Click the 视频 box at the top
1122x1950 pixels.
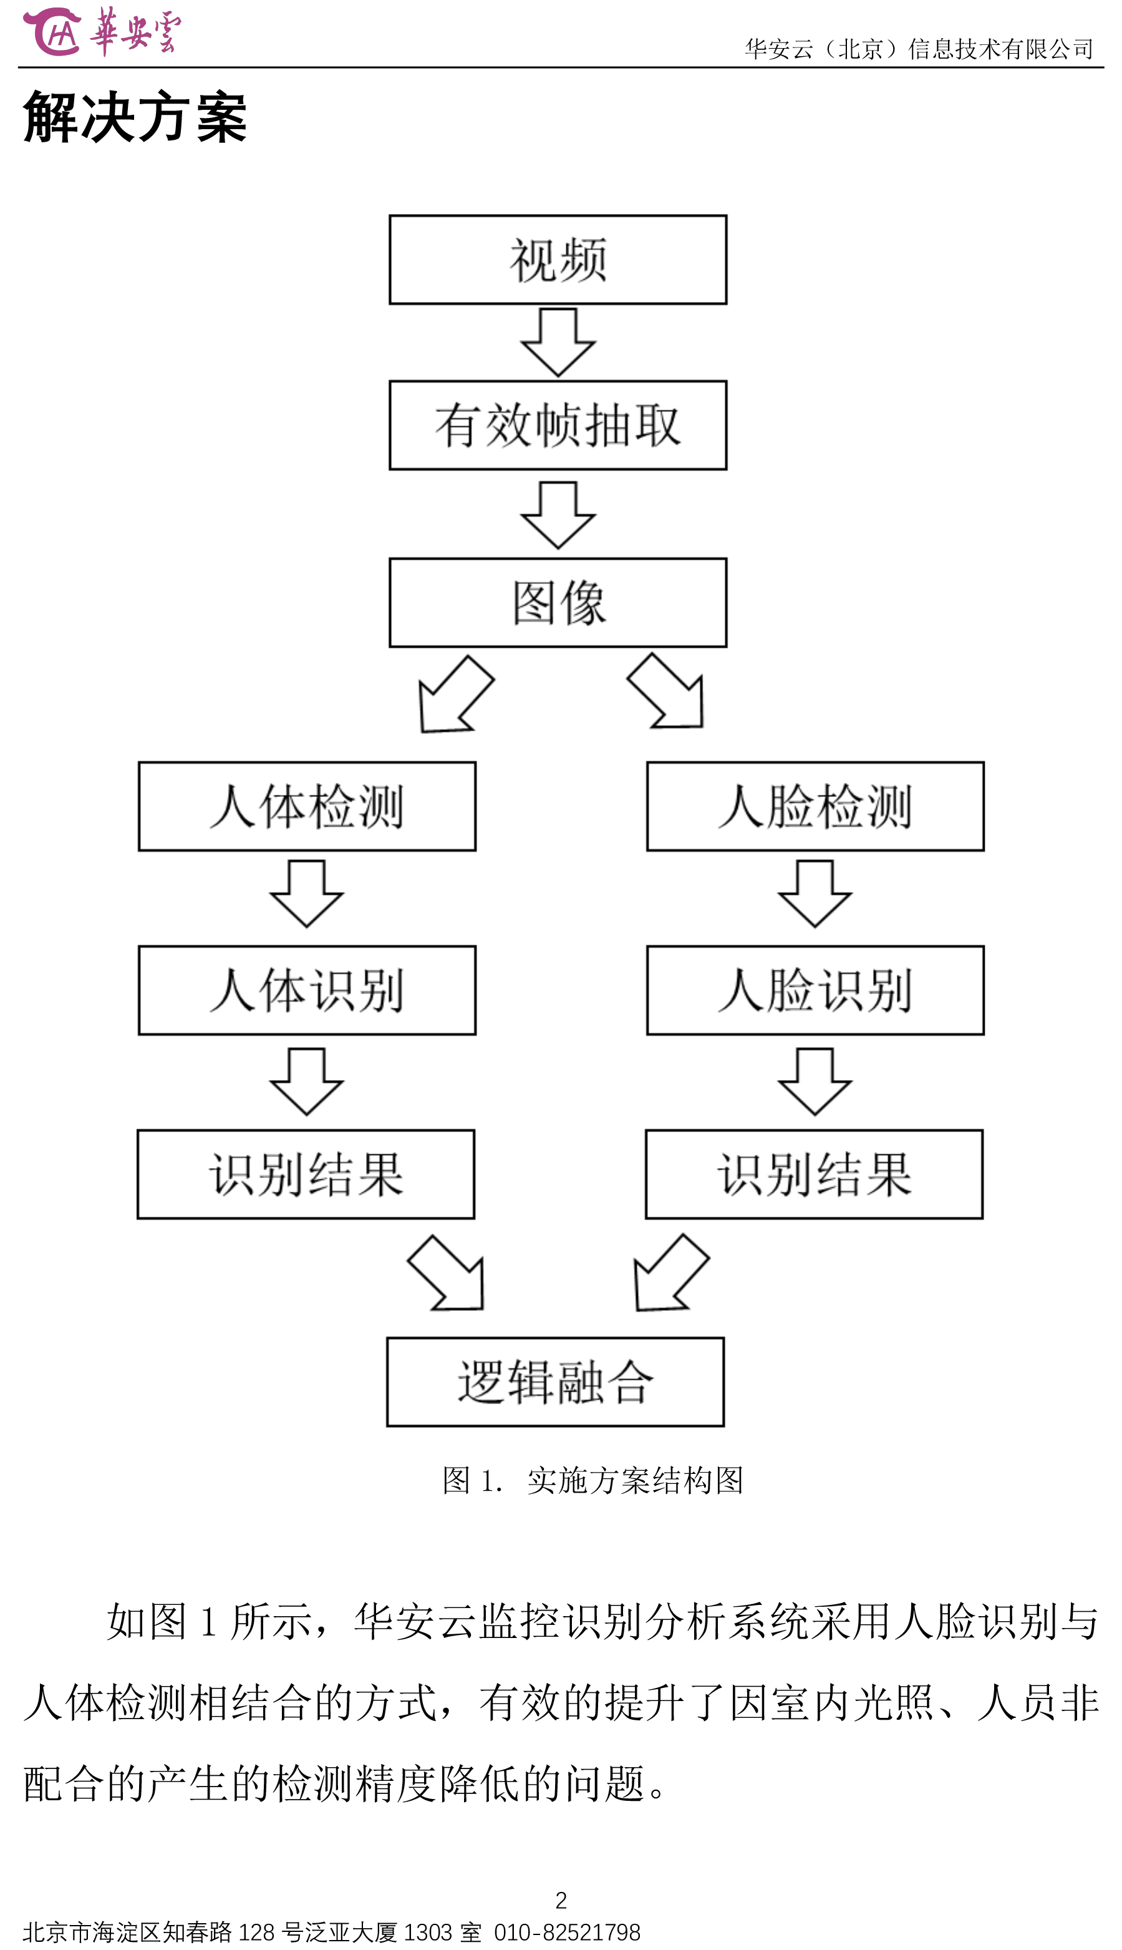click(558, 260)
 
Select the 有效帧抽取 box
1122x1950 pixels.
click(558, 426)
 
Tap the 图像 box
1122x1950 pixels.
click(558, 603)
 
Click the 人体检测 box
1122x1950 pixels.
click(307, 807)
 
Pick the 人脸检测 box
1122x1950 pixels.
click(815, 807)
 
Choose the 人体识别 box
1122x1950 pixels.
click(307, 990)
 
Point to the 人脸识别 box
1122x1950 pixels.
click(815, 990)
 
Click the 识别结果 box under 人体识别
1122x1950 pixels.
click(306, 1174)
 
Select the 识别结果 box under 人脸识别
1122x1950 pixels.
click(815, 1174)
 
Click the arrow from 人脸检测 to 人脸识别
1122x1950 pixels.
click(815, 894)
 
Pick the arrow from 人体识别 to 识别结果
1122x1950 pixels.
click(307, 1081)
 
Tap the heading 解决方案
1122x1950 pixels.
click(135, 117)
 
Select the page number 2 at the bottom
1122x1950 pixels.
click(561, 1901)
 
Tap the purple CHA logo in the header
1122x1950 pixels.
click(52, 32)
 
